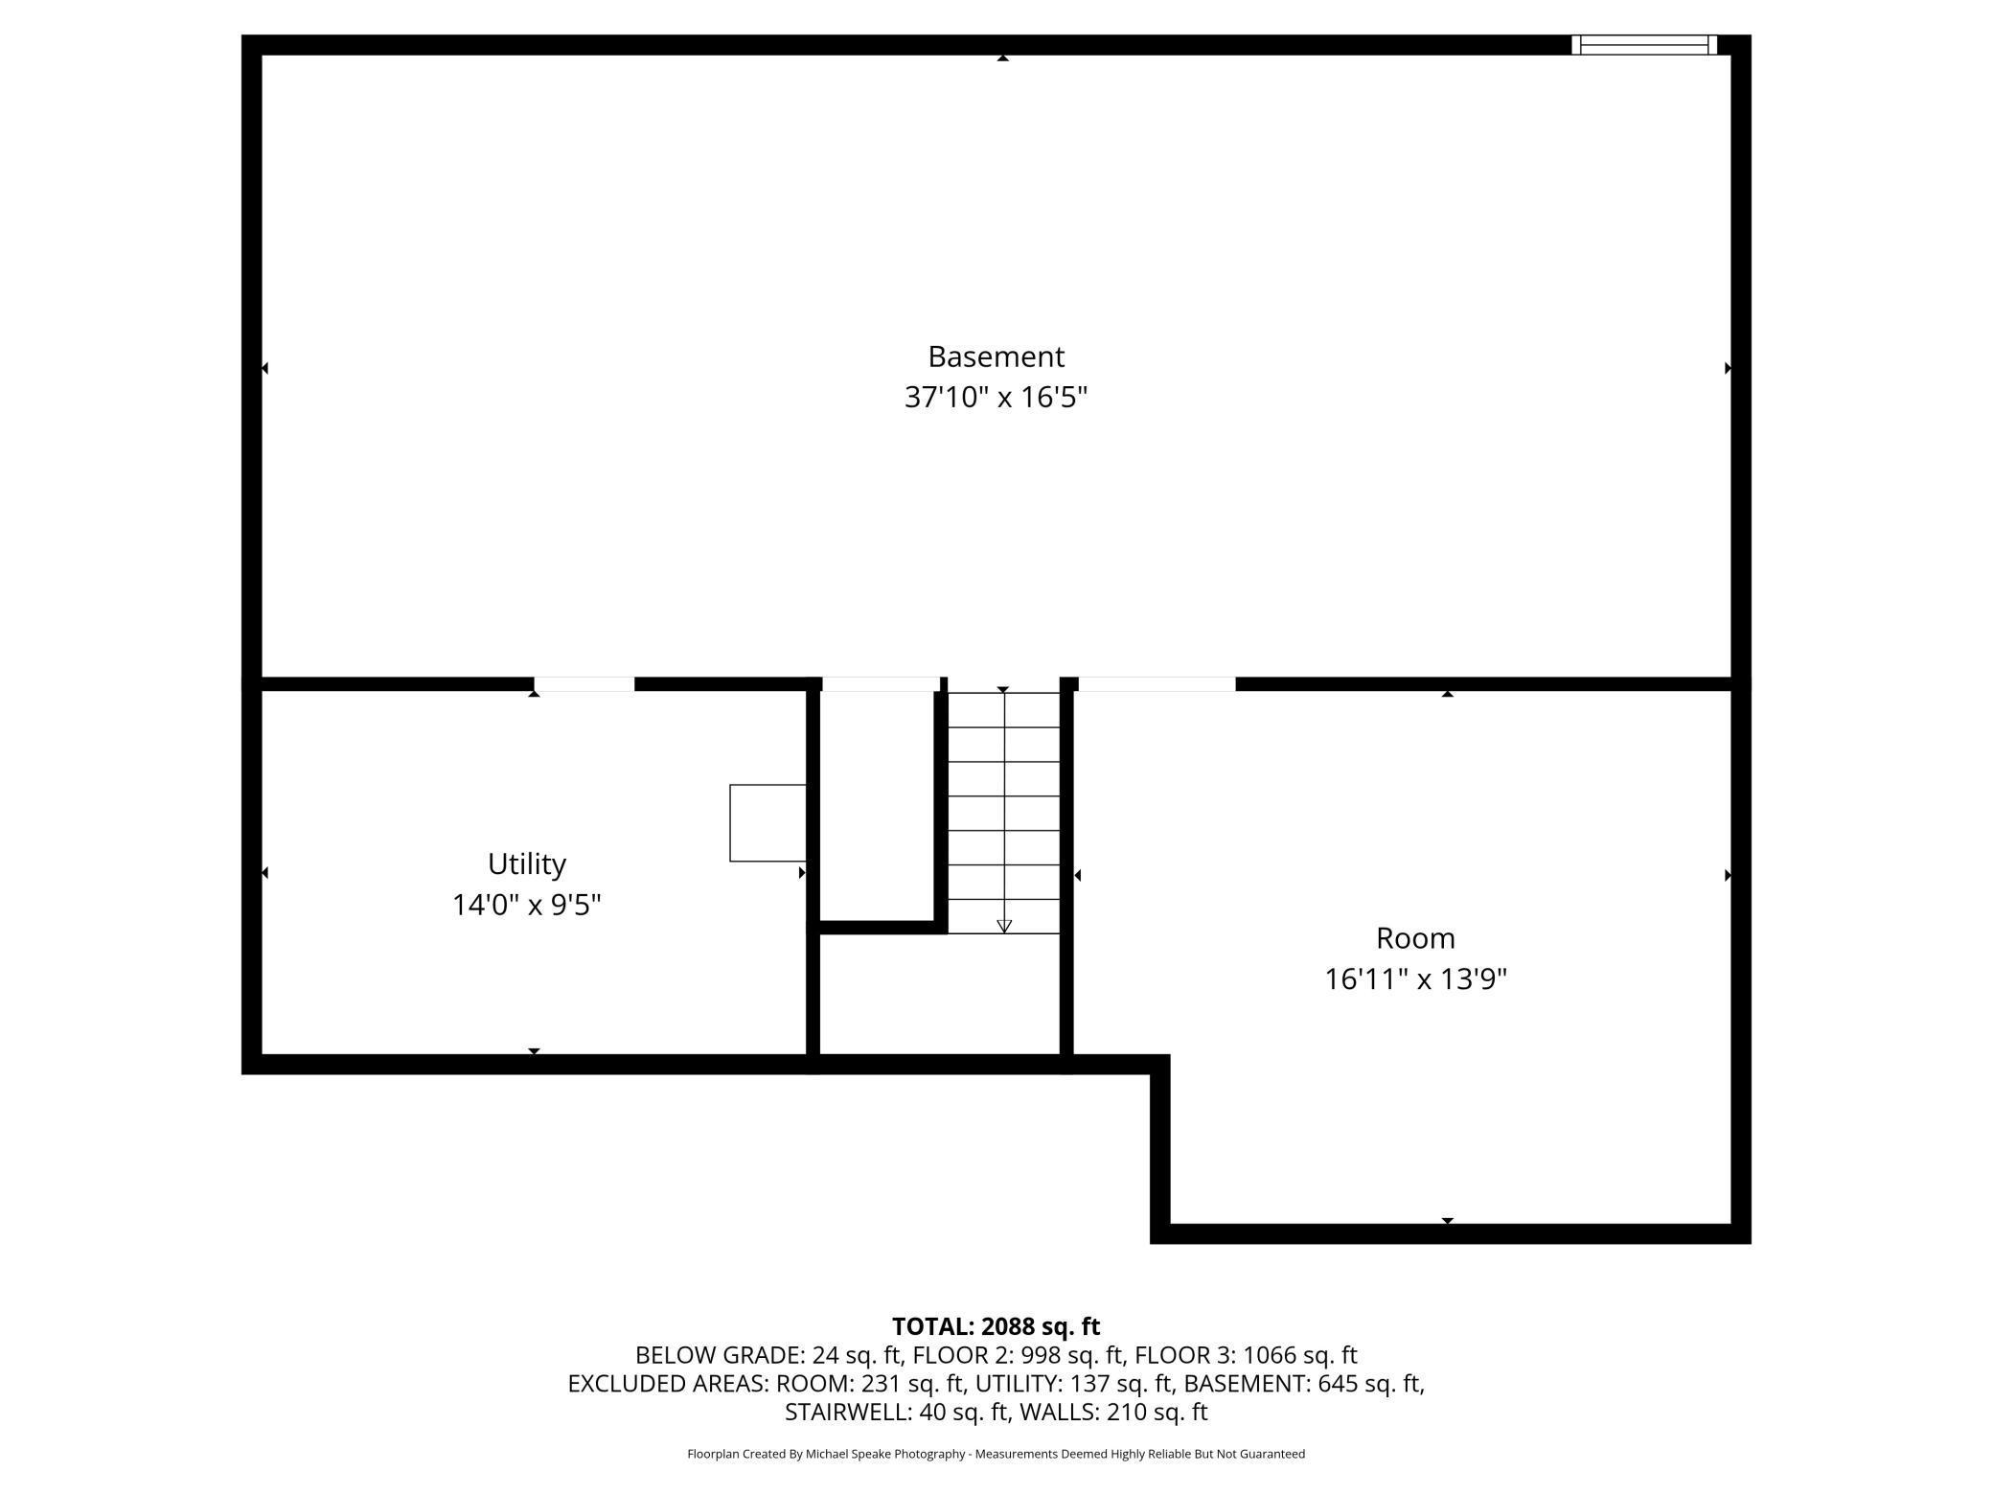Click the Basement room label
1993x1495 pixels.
point(996,356)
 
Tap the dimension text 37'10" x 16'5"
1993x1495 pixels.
point(996,397)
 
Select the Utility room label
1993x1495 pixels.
point(526,864)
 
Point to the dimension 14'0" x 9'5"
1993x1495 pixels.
point(526,905)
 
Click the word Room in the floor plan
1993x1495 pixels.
point(1415,937)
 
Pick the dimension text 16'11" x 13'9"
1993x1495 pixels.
point(1415,978)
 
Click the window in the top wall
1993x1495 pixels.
point(1644,45)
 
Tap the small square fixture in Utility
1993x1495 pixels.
point(767,823)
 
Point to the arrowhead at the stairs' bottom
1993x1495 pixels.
point(1004,927)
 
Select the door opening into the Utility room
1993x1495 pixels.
point(584,684)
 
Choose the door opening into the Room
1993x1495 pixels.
point(1157,684)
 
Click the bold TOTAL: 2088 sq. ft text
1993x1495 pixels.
point(996,1326)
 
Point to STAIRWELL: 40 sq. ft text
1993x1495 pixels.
point(897,1412)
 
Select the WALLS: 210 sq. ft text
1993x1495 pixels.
point(1113,1412)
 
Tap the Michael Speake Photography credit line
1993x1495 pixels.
point(996,1454)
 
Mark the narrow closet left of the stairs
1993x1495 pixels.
point(878,805)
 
